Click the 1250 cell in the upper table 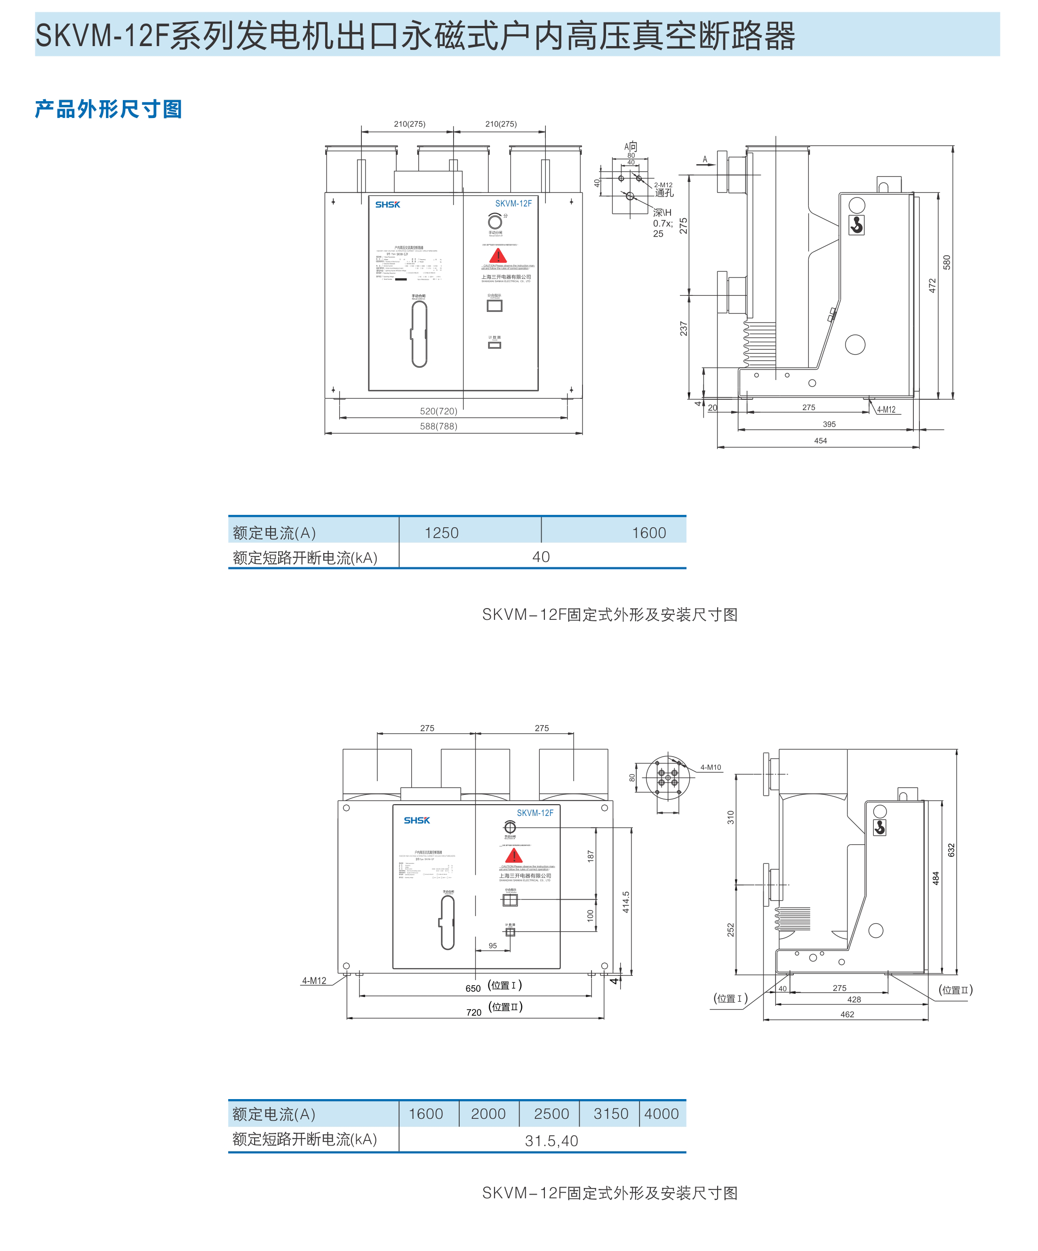(x=441, y=532)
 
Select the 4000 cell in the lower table (x=662, y=1113)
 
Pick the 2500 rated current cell (x=551, y=1113)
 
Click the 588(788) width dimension (x=439, y=426)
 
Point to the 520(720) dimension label (x=439, y=411)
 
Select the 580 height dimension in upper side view (x=947, y=262)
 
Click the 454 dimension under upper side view (x=821, y=441)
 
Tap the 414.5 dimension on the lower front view (x=626, y=902)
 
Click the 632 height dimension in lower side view (x=951, y=850)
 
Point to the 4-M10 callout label (x=711, y=767)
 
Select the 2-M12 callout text (x=663, y=185)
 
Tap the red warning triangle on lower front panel (x=514, y=856)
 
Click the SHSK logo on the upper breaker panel (x=387, y=204)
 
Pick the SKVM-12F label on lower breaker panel (x=535, y=813)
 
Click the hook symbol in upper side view (x=856, y=225)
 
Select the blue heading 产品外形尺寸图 (x=108, y=109)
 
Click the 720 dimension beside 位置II (x=474, y=1012)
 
